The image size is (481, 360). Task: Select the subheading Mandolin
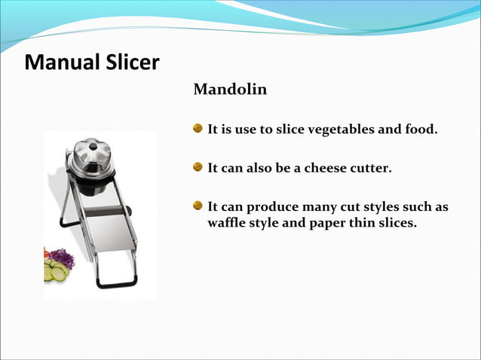click(230, 90)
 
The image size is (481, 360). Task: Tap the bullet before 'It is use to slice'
click(198, 129)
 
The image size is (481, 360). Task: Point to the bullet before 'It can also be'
click(198, 167)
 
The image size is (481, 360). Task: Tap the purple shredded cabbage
click(63, 258)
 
